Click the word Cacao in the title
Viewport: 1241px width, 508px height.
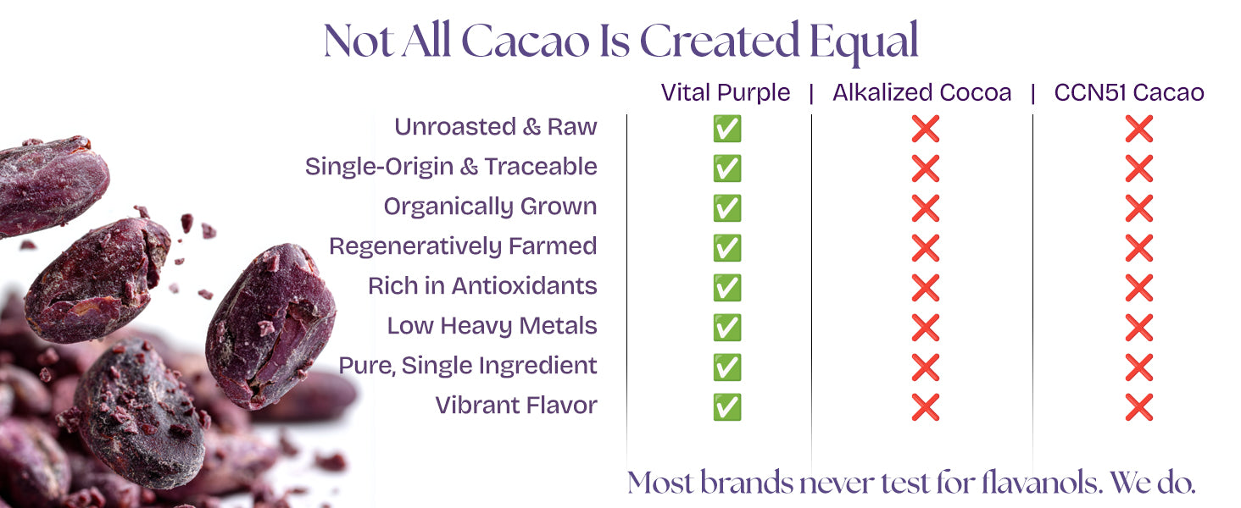tap(526, 41)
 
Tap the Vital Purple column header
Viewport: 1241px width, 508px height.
tap(726, 93)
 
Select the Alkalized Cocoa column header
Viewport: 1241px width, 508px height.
tap(922, 92)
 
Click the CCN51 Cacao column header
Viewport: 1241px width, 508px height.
tap(1128, 92)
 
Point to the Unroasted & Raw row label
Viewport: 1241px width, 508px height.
tap(495, 127)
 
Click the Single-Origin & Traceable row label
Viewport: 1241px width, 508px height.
tap(451, 167)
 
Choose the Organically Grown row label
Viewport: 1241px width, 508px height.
tap(490, 207)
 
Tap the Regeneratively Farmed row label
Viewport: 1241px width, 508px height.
tap(463, 246)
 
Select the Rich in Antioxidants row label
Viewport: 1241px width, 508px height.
tap(482, 286)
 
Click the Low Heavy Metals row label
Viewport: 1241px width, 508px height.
tap(492, 326)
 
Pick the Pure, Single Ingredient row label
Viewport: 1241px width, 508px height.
tap(468, 366)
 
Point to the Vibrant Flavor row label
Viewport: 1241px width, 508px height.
tap(515, 405)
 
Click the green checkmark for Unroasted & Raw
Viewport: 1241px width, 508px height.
tap(726, 129)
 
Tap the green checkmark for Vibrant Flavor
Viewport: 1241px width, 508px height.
tap(726, 407)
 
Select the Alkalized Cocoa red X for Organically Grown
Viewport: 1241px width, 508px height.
tap(925, 208)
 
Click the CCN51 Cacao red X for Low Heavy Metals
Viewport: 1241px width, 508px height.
tap(1139, 328)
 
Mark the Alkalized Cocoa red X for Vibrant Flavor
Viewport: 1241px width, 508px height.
tap(925, 407)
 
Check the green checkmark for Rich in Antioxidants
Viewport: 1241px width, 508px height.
tap(726, 288)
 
